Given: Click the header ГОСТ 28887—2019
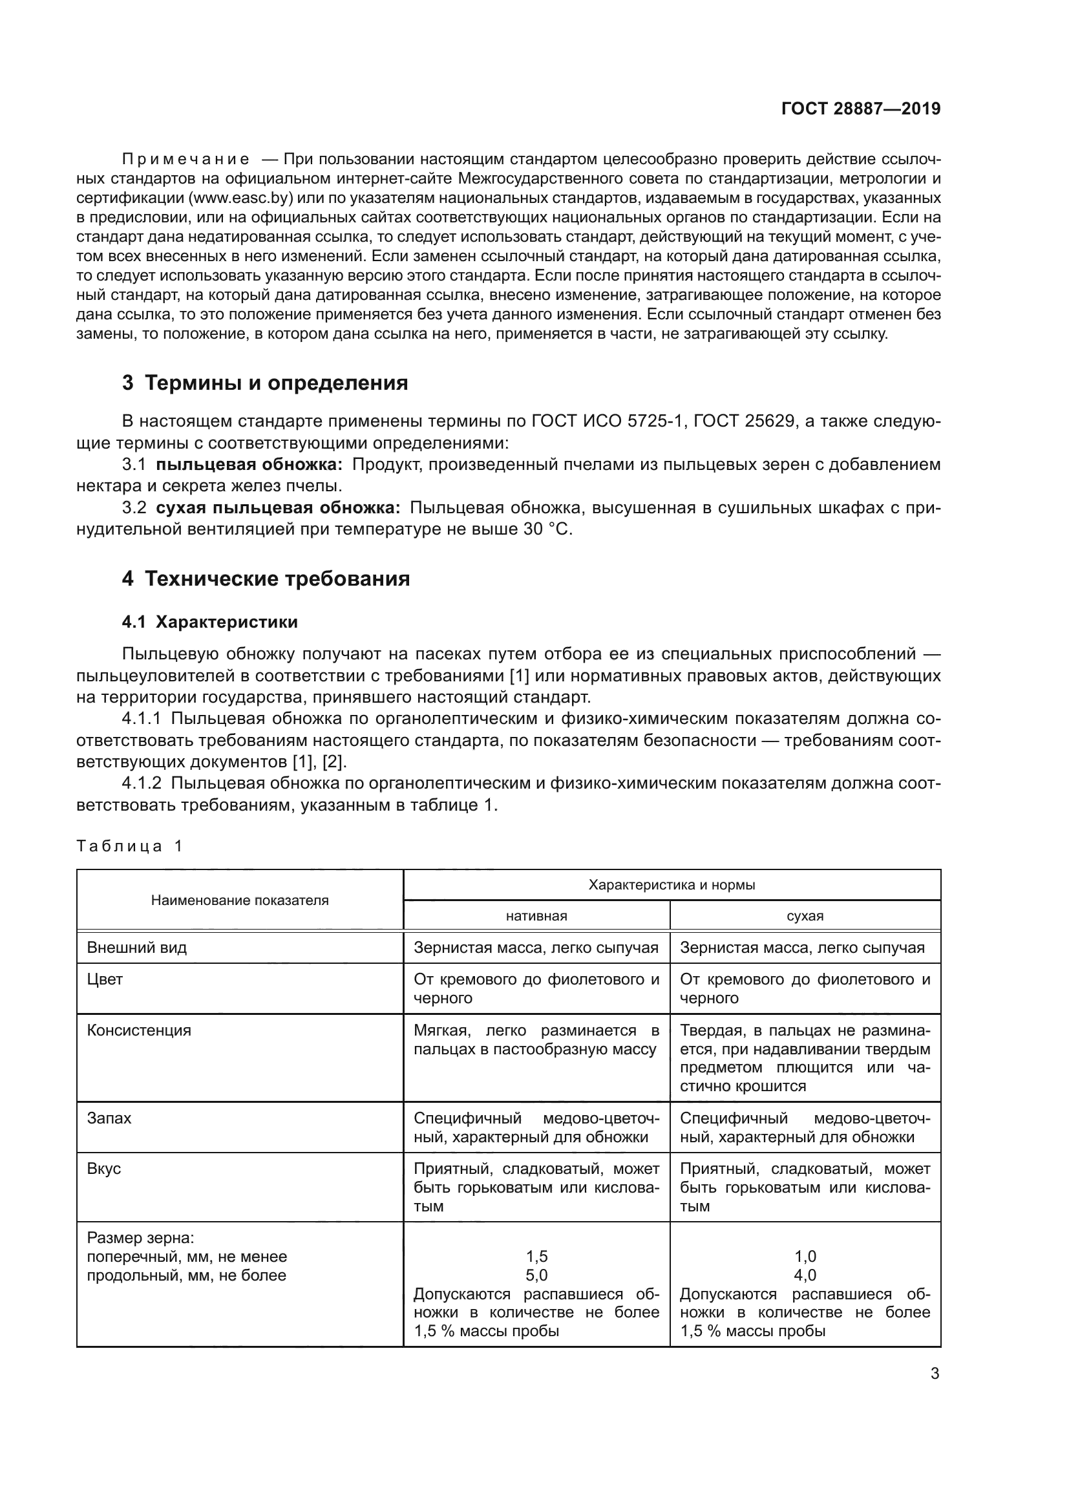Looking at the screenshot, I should click(x=861, y=109).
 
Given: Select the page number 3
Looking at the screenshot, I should click(x=935, y=1374).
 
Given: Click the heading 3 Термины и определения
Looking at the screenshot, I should click(x=264, y=383).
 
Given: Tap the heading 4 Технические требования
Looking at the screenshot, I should click(x=266, y=579).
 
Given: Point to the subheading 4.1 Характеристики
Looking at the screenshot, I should click(x=209, y=623).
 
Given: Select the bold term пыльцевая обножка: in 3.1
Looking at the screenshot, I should click(x=249, y=465).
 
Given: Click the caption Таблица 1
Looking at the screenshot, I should click(x=129, y=846).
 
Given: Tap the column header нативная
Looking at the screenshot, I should click(x=536, y=916).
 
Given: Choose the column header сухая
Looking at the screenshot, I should click(x=805, y=916).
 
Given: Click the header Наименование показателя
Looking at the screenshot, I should click(x=240, y=900).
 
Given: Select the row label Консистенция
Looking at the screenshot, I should click(x=139, y=1030).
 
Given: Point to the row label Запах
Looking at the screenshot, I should click(x=109, y=1118).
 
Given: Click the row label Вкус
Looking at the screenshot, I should click(x=104, y=1169).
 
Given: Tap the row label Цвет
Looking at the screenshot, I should click(x=105, y=979).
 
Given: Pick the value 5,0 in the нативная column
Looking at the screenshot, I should click(x=536, y=1275).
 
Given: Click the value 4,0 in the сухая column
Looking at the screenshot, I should click(x=805, y=1275).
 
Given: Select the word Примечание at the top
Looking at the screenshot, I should click(x=185, y=160).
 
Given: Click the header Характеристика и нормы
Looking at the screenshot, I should click(x=672, y=885).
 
